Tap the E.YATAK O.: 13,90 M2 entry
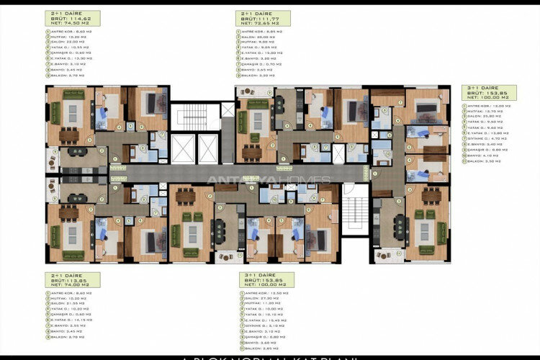[69, 58]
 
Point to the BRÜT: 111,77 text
[258, 18]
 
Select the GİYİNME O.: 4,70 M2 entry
[485, 138]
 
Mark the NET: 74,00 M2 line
[71, 286]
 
